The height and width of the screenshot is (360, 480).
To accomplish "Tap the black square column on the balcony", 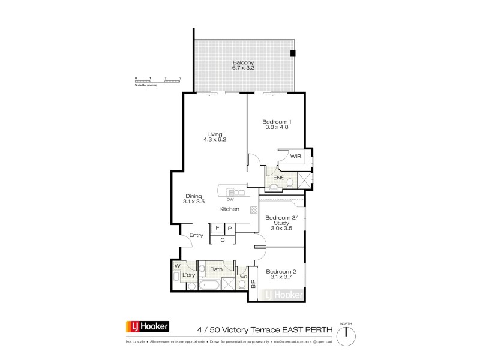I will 293,53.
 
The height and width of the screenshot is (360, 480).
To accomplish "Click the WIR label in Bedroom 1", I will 295,156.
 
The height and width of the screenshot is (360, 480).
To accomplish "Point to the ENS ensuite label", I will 278,178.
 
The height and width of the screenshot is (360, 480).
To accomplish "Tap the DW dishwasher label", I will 230,199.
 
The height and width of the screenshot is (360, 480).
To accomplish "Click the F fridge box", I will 217,229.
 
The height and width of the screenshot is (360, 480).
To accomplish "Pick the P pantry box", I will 229,229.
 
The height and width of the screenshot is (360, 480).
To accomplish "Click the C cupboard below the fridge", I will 223,240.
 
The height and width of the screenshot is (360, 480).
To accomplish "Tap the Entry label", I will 196,235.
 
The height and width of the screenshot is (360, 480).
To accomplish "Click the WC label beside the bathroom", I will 244,277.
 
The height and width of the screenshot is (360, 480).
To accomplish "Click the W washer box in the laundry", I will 178,266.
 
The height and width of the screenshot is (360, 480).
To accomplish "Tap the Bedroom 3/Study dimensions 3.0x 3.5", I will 281,229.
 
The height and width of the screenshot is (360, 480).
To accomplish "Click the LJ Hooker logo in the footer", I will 147,326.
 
